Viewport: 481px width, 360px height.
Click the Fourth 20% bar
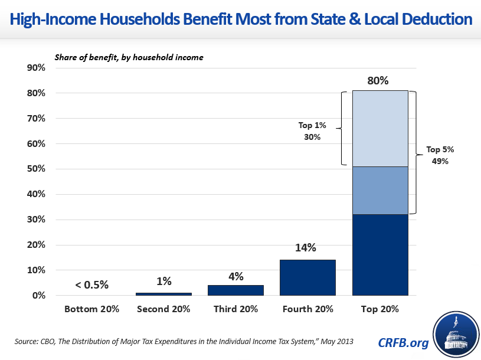(x=307, y=277)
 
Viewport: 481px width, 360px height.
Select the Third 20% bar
(x=235, y=290)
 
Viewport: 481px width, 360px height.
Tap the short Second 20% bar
(x=163, y=293)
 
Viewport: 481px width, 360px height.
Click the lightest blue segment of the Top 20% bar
(x=379, y=128)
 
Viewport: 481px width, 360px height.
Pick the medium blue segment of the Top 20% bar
(x=379, y=190)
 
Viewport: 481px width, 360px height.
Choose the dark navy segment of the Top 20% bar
(x=379, y=254)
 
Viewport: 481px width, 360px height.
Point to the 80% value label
(x=378, y=80)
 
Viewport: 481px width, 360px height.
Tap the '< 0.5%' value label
(x=91, y=284)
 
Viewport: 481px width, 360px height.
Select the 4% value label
(x=235, y=275)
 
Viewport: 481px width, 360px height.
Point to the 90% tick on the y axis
(x=37, y=68)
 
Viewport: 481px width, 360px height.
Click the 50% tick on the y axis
(x=37, y=169)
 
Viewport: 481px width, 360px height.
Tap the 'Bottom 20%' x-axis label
(x=91, y=309)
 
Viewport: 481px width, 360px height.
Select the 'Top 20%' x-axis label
(x=379, y=309)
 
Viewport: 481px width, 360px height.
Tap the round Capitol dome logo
(x=455, y=335)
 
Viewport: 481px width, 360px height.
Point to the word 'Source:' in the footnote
(x=25, y=341)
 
